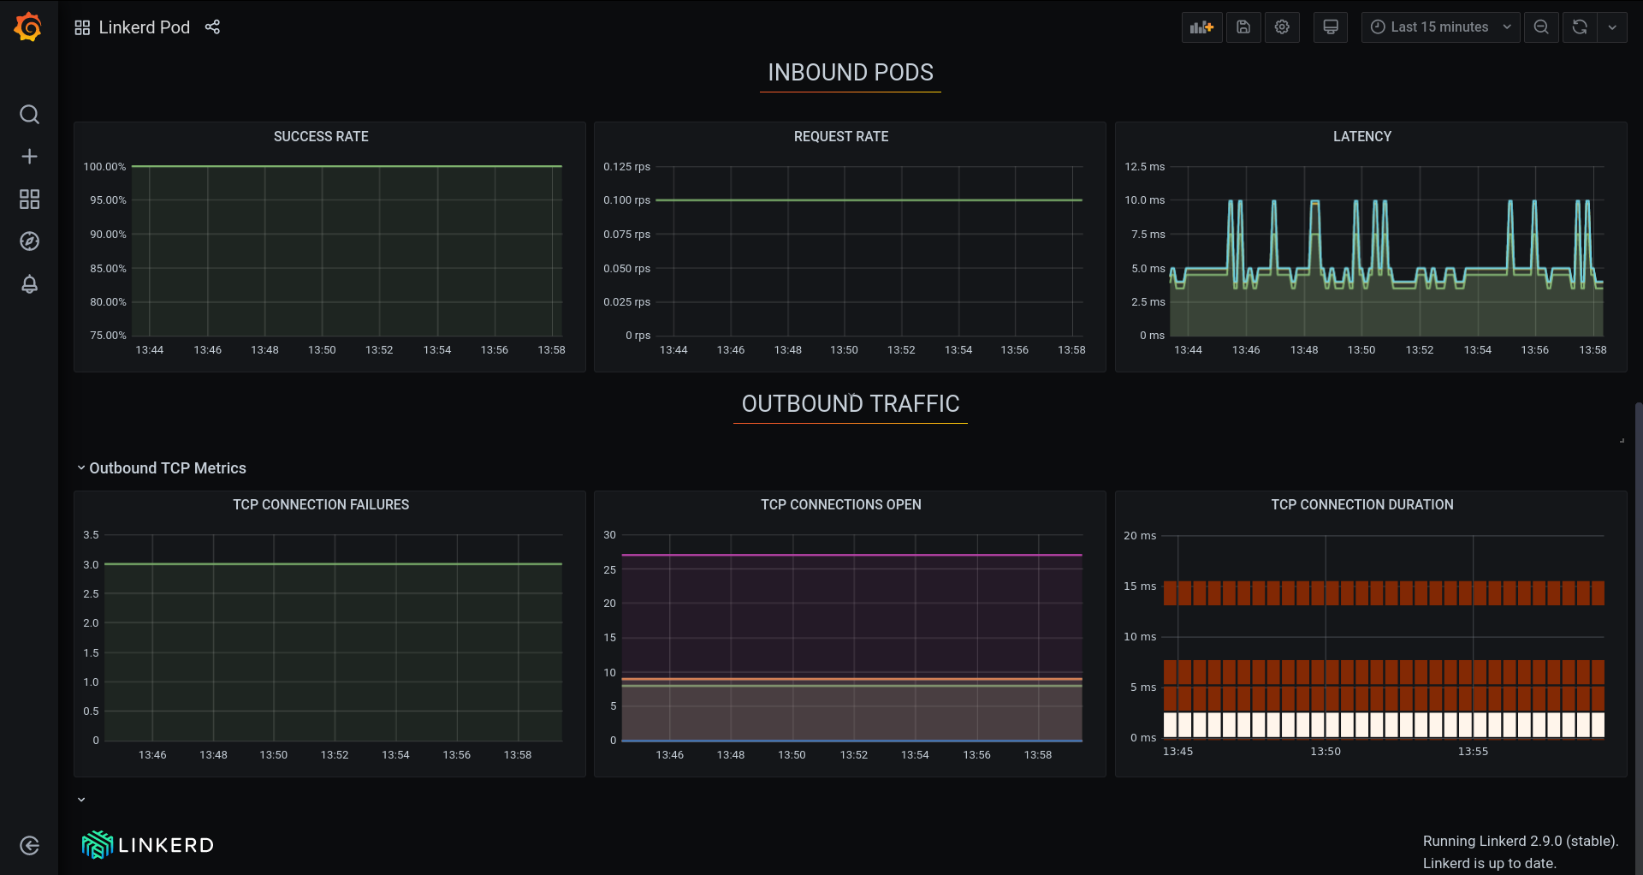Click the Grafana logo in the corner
[28, 27]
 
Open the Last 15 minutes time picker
[1440, 27]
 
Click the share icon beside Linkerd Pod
[212, 27]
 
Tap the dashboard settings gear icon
[1282, 27]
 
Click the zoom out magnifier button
[1541, 27]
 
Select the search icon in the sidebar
[29, 115]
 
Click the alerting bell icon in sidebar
[29, 284]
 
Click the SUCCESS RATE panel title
[321, 137]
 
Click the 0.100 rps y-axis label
[626, 200]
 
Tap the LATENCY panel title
[1361, 137]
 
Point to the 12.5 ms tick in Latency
[1144, 167]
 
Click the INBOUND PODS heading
[850, 73]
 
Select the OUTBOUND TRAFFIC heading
[850, 404]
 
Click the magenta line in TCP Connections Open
[851, 555]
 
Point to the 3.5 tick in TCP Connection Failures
[91, 535]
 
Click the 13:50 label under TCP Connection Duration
[1325, 752]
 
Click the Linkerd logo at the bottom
[147, 845]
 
